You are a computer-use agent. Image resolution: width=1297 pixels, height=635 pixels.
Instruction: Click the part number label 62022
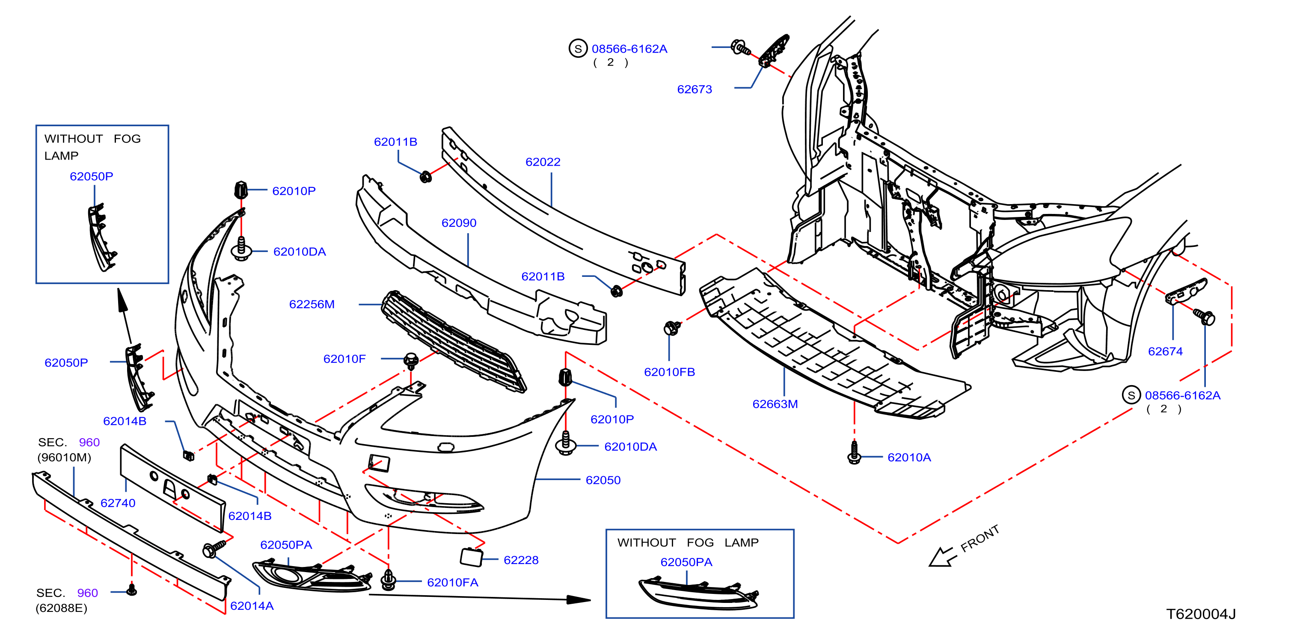[542, 162]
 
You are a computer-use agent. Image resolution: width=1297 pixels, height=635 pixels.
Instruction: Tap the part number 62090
[459, 223]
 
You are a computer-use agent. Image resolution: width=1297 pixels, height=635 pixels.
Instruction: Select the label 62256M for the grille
[312, 304]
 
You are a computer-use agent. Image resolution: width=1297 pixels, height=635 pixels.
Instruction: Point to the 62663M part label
[775, 404]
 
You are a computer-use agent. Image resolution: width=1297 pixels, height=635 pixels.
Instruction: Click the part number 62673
[695, 89]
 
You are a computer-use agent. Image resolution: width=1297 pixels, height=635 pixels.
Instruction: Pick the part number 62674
[1165, 351]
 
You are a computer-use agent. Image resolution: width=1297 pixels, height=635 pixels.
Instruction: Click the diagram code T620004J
[1201, 614]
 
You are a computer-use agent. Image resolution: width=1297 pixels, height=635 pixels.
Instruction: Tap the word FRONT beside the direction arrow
[979, 539]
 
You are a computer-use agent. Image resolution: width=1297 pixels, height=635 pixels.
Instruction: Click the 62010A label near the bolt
[909, 457]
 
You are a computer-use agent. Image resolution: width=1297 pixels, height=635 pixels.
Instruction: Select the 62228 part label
[521, 560]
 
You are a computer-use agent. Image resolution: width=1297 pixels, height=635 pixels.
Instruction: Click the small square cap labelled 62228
[471, 556]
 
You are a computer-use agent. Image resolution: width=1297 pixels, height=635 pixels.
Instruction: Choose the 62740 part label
[118, 503]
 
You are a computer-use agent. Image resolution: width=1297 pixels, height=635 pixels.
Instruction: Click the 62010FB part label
[669, 372]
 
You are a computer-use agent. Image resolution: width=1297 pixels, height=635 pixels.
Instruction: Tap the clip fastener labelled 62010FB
[672, 328]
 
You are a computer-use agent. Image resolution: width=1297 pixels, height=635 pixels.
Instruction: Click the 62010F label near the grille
[344, 359]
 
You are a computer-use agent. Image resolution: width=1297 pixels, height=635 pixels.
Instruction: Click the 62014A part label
[252, 606]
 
